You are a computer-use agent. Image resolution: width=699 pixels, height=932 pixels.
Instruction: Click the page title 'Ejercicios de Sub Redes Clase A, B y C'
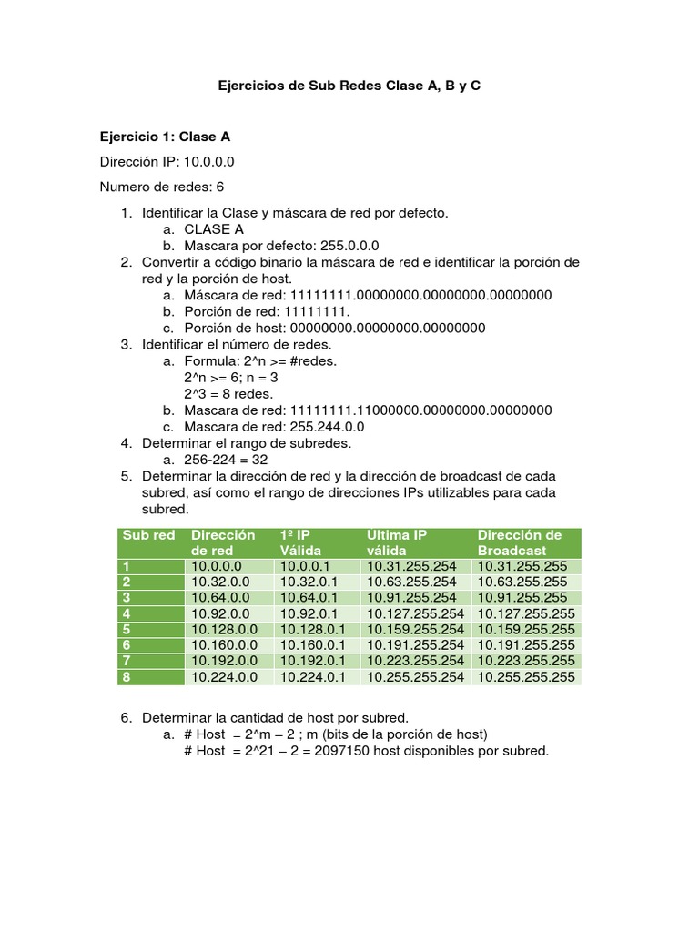pos(349,86)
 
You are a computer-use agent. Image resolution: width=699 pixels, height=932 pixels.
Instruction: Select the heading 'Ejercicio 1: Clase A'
pos(164,137)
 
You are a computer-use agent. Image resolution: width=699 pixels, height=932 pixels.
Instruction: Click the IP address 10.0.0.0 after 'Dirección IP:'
pos(209,162)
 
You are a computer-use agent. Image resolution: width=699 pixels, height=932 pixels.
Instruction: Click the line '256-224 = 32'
pos(226,460)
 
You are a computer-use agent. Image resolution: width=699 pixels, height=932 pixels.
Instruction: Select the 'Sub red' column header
pos(148,535)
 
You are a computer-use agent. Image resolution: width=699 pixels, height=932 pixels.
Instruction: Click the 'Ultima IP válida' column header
pos(397,542)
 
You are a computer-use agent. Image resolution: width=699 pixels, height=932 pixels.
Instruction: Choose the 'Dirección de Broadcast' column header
pos(520,542)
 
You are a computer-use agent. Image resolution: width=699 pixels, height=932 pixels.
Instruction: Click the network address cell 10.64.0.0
pos(217,597)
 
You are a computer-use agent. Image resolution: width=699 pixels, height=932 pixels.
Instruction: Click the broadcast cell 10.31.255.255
pos(522,566)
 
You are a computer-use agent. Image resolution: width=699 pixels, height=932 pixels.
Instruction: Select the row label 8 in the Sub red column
pos(127,677)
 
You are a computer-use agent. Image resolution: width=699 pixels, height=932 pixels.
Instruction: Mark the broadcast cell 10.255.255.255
pos(526,677)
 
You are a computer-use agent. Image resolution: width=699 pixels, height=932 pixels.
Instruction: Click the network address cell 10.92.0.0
pos(217,613)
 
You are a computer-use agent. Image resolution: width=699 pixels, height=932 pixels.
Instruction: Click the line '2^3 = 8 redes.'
pos(228,393)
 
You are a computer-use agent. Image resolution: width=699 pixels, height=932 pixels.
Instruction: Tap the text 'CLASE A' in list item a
pos(214,229)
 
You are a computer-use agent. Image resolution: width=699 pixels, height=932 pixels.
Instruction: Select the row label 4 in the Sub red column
pos(127,613)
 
